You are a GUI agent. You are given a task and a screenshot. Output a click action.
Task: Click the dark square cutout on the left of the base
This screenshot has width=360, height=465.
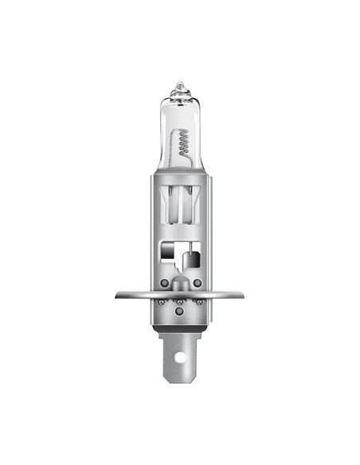pos(167,252)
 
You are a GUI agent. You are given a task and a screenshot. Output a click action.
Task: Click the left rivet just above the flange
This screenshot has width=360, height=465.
pos(162,282)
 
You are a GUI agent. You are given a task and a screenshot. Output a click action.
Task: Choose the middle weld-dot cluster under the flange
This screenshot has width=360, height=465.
pos(180,303)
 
